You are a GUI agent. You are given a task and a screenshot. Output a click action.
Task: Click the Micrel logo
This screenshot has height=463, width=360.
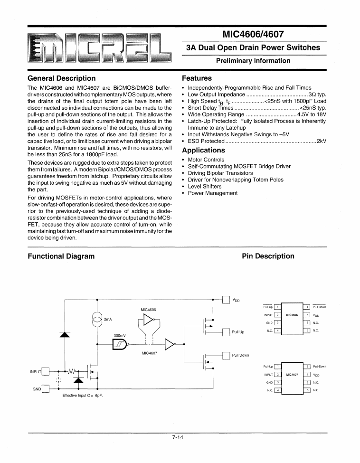(x=94, y=47)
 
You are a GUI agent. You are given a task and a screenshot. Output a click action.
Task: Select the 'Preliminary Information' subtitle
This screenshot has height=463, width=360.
(x=253, y=61)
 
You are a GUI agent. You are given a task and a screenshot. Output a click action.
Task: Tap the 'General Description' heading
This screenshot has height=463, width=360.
(x=62, y=78)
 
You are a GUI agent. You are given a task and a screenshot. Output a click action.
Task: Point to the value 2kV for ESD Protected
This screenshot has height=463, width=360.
(x=322, y=141)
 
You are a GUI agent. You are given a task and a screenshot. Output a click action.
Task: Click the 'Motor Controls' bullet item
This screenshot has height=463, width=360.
(x=206, y=160)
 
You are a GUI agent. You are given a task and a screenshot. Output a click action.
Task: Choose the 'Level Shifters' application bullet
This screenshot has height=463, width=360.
(x=204, y=186)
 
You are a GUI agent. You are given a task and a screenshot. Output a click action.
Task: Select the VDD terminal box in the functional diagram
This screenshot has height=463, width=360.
(x=226, y=299)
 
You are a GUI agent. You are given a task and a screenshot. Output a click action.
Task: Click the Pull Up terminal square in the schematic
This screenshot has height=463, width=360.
(x=226, y=331)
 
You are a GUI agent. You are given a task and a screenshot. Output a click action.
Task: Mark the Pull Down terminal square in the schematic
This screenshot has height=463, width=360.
(x=226, y=355)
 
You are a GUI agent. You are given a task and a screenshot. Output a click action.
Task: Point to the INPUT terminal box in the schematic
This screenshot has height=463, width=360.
(x=46, y=371)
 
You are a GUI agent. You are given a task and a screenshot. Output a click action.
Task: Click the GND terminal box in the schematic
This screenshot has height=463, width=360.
(x=46, y=389)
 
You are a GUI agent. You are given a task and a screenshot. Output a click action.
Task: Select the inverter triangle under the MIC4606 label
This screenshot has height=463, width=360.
(x=148, y=320)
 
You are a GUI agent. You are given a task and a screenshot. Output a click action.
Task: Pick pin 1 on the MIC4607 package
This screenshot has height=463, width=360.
(x=277, y=367)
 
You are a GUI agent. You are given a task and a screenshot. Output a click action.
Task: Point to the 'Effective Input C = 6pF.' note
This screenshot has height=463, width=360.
(x=83, y=396)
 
